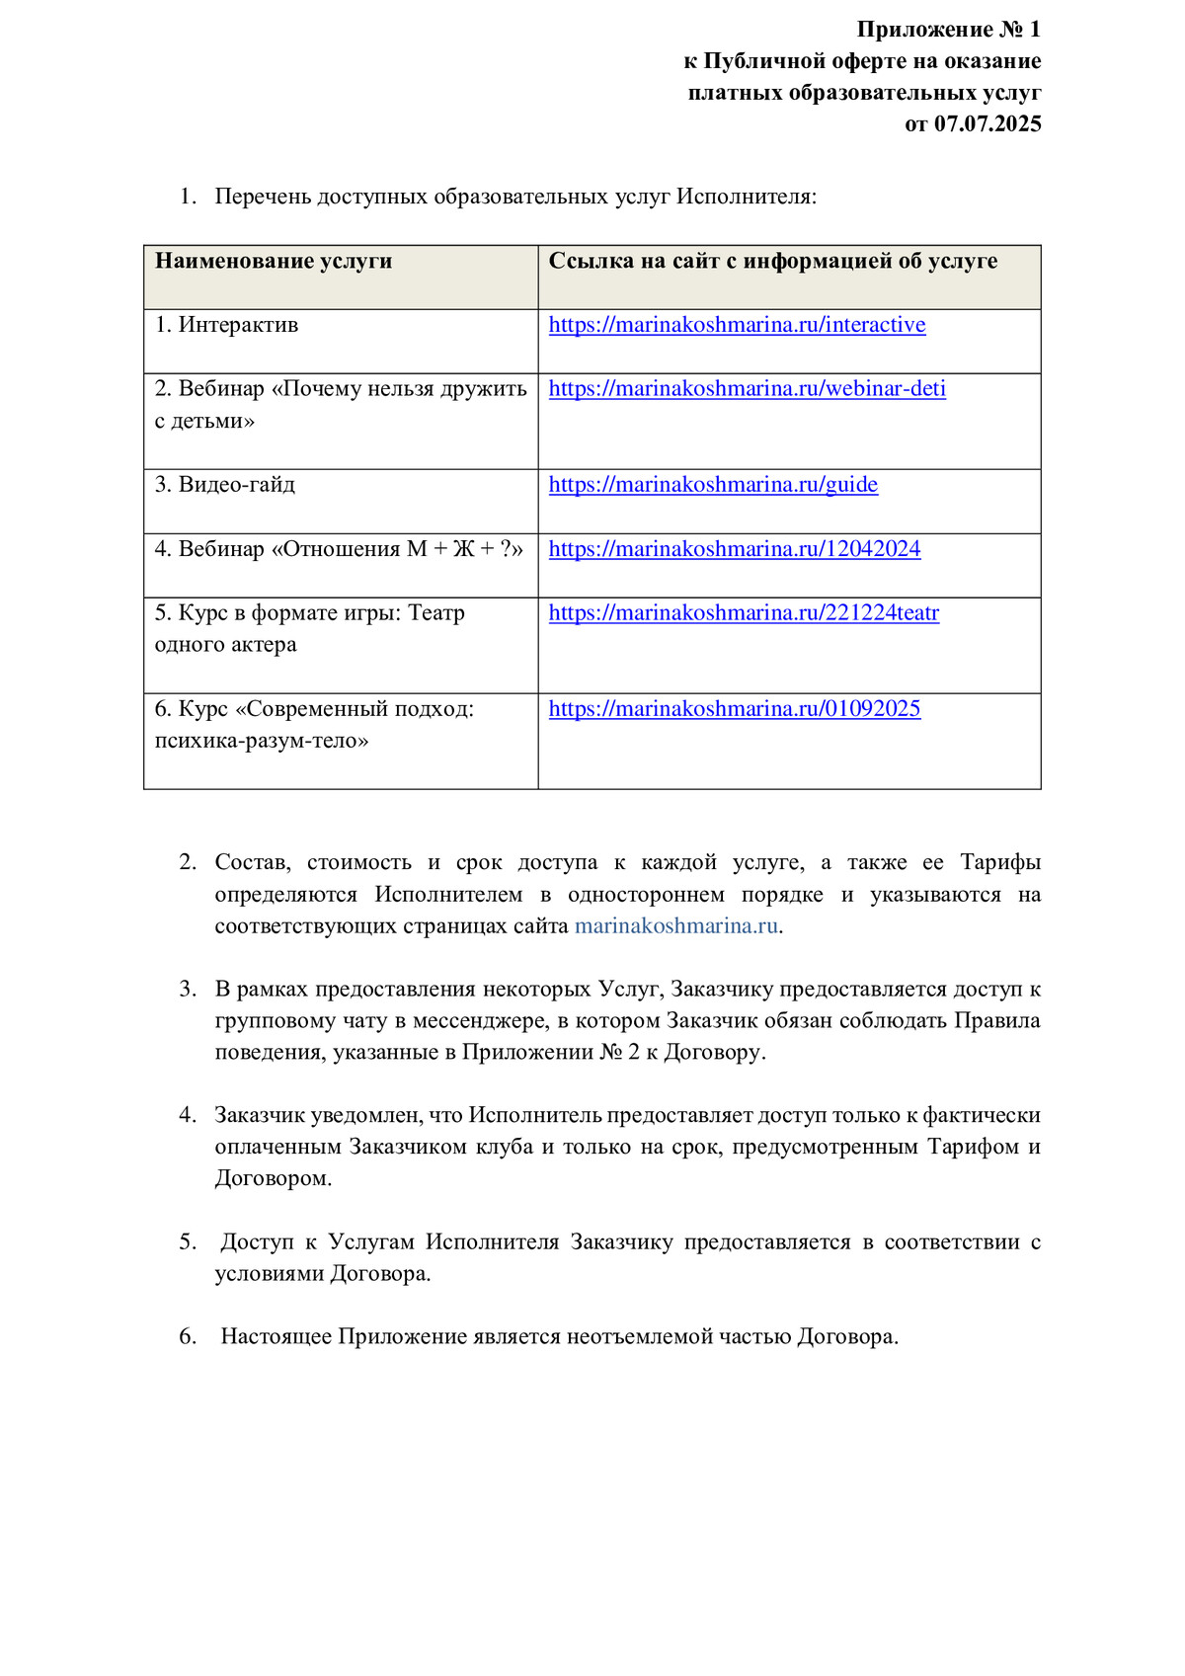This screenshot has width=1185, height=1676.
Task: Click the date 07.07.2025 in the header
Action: click(x=987, y=124)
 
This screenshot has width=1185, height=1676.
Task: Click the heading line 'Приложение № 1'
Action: click(x=948, y=30)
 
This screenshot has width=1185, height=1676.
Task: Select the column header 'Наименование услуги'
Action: click(x=274, y=262)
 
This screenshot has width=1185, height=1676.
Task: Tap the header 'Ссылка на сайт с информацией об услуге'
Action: click(x=772, y=262)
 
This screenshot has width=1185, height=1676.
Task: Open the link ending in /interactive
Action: click(x=737, y=325)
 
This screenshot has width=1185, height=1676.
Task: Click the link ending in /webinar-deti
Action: click(x=747, y=389)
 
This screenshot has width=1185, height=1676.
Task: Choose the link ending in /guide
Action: click(x=713, y=485)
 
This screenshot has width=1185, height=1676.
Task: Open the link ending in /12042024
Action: click(x=735, y=549)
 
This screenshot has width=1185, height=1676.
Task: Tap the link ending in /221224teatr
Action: click(x=744, y=613)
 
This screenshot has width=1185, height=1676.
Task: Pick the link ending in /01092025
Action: click(x=735, y=709)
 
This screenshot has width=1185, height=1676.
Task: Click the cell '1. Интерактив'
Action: click(x=227, y=325)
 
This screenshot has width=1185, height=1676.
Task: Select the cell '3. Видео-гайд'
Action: click(x=225, y=485)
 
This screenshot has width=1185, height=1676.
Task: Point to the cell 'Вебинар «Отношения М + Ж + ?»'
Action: click(x=339, y=549)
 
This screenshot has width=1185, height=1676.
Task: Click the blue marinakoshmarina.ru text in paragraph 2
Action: click(x=676, y=926)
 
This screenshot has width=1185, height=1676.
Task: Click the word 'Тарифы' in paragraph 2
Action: click(x=1000, y=863)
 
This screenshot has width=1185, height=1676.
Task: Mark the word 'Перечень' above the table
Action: click(x=262, y=197)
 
